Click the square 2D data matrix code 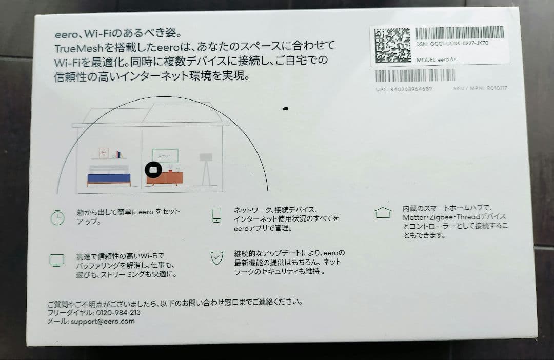392,45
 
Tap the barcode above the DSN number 459,33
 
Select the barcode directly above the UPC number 415,75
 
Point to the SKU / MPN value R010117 497,88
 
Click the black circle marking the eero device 154,170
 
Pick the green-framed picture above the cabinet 165,155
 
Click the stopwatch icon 57,217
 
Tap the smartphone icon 216,215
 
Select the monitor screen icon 56,260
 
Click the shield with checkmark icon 217,257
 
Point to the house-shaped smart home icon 383,212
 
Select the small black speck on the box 285,109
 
